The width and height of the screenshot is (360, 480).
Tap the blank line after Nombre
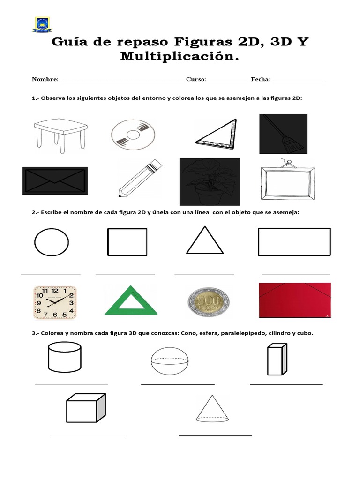point(122,80)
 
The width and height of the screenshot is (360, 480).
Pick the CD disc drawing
point(133,135)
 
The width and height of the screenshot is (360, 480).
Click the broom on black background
point(283,134)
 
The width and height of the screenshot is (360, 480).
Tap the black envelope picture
point(54,180)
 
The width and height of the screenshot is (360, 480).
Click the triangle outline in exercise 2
point(204,240)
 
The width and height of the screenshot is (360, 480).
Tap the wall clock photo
point(55,302)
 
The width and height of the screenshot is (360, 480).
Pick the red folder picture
point(294,300)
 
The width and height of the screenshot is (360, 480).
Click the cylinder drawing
point(64,357)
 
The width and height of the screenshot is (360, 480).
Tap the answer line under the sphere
point(178,384)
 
